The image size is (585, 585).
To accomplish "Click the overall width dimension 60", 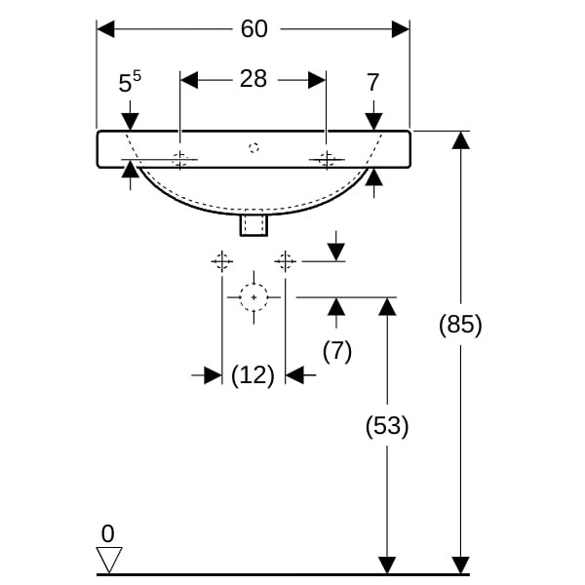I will [x=253, y=29].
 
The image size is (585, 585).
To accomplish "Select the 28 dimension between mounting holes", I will [x=253, y=79].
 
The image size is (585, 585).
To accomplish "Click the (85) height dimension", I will [x=460, y=324].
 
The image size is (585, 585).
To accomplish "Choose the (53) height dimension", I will [x=387, y=426].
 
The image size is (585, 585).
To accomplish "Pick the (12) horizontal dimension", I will [x=253, y=374].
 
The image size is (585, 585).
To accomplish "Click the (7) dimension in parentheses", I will [x=336, y=351].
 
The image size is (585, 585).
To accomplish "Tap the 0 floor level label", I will [x=107, y=533].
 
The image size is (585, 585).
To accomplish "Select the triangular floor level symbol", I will [x=108, y=559].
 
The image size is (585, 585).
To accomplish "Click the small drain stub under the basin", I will [x=253, y=226].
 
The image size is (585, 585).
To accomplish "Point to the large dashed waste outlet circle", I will [x=253, y=296].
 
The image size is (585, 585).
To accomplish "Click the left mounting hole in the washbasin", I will [x=180, y=160].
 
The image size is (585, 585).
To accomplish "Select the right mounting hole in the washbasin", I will [x=327, y=160].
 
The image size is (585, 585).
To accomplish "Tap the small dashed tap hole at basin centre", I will [x=253, y=148].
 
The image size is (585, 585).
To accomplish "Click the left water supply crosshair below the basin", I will [x=222, y=260].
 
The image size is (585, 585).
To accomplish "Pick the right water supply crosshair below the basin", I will [x=285, y=260].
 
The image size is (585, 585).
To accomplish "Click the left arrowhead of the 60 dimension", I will [x=106, y=29].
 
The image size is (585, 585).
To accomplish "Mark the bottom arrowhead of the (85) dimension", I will [x=460, y=565].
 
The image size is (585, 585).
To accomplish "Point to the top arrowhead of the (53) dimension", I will [x=387, y=306].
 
